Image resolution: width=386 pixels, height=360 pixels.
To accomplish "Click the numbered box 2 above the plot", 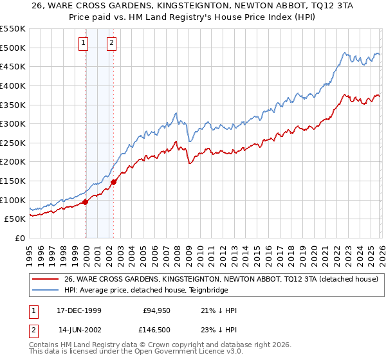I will (111, 43).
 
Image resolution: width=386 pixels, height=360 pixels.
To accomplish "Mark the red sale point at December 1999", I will (86, 202).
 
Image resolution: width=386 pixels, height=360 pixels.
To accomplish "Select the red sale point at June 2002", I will (114, 182).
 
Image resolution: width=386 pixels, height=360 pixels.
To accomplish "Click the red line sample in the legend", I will (46, 280).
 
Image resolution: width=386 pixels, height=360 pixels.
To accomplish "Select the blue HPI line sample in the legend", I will (46, 291).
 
